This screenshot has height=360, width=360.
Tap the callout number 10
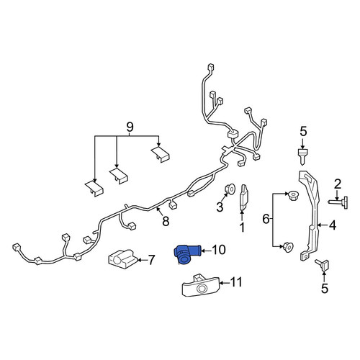[x=219, y=250]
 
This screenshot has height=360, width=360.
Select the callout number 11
[x=236, y=282]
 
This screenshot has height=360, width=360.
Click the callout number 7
[x=151, y=260]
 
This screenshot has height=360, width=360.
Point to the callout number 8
[x=166, y=221]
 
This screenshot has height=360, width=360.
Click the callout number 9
[x=130, y=127]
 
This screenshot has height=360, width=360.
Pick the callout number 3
[x=220, y=207]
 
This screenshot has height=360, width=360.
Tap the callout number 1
[x=243, y=228]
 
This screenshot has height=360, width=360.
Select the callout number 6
[x=266, y=219]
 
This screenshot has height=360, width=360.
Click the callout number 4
[x=333, y=225]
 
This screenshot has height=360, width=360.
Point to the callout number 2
[x=338, y=184]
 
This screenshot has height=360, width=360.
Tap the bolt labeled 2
[x=338, y=202]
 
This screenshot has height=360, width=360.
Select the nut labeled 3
[x=230, y=189]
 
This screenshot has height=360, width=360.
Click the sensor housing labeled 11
[x=201, y=286]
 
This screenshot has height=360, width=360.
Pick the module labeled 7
[x=123, y=259]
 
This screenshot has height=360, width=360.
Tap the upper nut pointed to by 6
[x=293, y=195]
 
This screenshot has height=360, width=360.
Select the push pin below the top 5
[x=302, y=156]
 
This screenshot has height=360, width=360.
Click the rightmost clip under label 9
[x=161, y=155]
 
